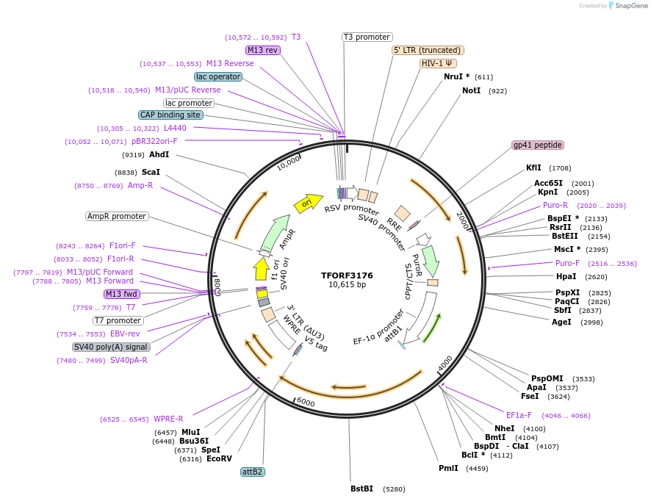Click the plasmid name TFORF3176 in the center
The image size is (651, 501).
tap(347, 275)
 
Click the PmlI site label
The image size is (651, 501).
tap(448, 468)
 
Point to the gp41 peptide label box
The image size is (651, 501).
tap(538, 145)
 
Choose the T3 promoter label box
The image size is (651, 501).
tap(367, 37)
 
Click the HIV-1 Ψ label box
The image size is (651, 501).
tap(439, 63)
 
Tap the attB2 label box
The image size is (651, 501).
tap(253, 472)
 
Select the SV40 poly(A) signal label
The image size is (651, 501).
tap(112, 347)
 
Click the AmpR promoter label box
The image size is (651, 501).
tap(117, 216)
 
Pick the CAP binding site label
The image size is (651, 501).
tap(170, 115)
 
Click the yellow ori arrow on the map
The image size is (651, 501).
tap(308, 203)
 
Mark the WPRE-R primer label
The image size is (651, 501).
tap(168, 419)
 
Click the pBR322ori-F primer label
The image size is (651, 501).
tap(154, 141)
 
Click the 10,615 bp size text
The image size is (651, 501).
tap(347, 285)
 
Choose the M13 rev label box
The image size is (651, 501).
tap(262, 50)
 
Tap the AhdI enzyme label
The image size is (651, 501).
tap(159, 154)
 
